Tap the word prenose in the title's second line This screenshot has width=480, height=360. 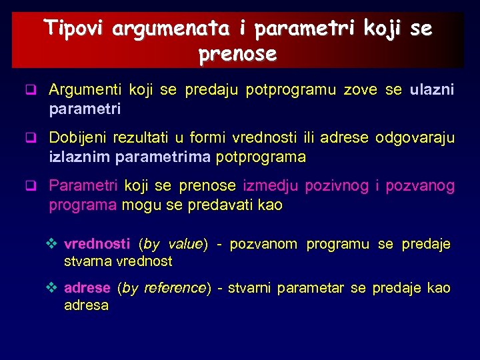pos(237,55)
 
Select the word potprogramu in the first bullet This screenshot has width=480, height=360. pos(291,90)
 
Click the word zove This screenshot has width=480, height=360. pos(360,90)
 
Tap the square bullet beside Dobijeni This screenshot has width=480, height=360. pos(30,139)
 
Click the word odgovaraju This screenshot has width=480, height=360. pos(415,138)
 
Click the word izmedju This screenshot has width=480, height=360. pos(270,186)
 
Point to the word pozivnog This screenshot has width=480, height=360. pos(336,186)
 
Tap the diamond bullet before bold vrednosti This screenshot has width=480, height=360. pos(55,244)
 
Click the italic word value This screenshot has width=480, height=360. pos(185,244)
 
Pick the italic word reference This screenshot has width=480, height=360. pos(175,288)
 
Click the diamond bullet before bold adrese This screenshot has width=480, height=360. pos(55,288)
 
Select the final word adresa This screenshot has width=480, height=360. pos(86,305)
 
